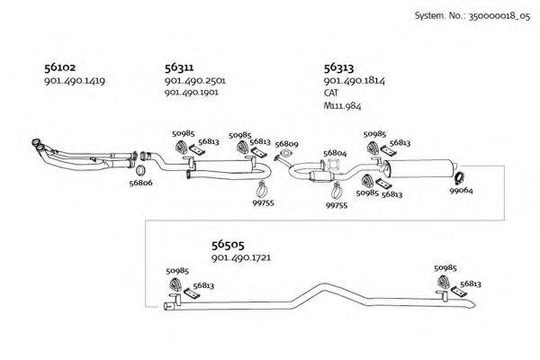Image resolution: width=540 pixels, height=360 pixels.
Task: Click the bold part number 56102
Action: tap(59, 67)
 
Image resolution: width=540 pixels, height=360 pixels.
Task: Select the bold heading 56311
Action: tap(180, 67)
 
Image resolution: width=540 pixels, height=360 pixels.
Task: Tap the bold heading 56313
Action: tap(338, 67)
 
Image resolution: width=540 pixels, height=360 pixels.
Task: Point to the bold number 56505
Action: tap(228, 244)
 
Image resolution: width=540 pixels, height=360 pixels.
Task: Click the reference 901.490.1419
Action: tap(75, 81)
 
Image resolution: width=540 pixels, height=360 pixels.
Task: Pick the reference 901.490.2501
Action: tap(194, 81)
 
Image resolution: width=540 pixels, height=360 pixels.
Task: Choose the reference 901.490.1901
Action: tap(194, 93)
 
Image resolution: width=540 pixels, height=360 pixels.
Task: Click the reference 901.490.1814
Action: tap(354, 81)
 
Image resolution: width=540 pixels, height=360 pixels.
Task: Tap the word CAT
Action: tap(331, 93)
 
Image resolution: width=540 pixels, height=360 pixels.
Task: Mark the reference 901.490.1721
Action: tap(241, 258)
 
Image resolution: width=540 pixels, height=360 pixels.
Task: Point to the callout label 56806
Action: tap(140, 183)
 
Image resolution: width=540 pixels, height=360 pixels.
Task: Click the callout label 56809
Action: tap(286, 144)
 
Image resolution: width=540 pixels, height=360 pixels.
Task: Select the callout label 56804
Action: tap(335, 153)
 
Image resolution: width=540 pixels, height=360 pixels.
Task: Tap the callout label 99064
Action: tap(461, 191)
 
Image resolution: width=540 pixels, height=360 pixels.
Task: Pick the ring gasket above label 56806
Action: tap(141, 169)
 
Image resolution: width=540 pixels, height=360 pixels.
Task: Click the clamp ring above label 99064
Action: tap(457, 177)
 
